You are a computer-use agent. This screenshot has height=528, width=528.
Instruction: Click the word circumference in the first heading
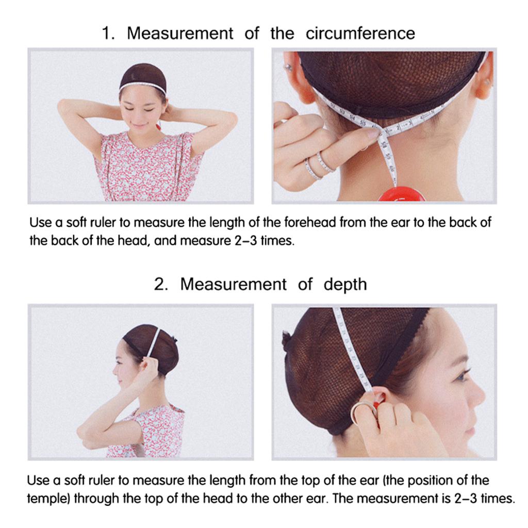[x=360, y=34]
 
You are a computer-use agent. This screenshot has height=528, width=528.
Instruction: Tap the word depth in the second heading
[x=345, y=285]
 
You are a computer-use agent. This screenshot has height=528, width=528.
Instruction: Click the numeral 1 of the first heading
[x=107, y=34]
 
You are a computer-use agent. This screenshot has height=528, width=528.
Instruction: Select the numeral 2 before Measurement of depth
[x=159, y=284]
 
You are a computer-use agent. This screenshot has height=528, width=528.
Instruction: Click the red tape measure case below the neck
[x=402, y=194]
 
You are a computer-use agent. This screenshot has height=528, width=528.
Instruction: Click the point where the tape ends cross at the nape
[x=381, y=129]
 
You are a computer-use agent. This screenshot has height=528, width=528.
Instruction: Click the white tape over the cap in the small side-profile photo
[x=154, y=342]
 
